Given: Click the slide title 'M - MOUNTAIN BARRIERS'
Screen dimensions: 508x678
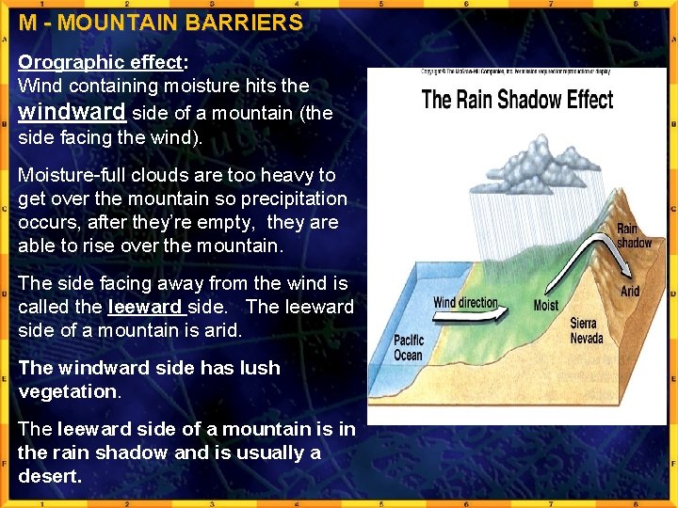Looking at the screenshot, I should click(x=160, y=23).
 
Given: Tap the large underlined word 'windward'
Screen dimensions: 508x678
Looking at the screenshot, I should click(x=72, y=111).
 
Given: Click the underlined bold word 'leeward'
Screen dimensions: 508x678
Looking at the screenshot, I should click(x=146, y=307).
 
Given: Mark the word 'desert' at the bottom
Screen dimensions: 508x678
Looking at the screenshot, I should click(x=49, y=476).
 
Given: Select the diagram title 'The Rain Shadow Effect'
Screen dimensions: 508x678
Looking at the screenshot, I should click(x=517, y=100).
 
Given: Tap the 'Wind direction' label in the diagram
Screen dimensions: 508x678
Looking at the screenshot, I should click(x=465, y=303).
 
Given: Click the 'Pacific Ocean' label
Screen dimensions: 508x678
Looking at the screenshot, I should click(x=409, y=347).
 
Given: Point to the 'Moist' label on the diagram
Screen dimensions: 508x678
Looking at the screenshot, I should click(x=546, y=305).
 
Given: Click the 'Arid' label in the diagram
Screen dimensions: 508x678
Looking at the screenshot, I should click(x=630, y=291).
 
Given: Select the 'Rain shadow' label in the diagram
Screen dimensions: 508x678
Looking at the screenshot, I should click(x=634, y=235).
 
